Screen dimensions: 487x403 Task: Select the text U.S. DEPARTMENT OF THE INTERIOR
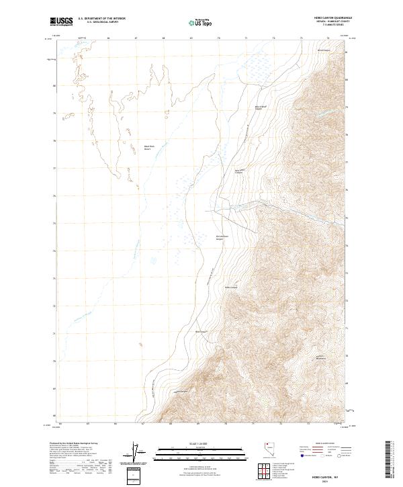click(101, 19)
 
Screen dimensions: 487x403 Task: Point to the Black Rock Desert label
click(149, 148)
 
